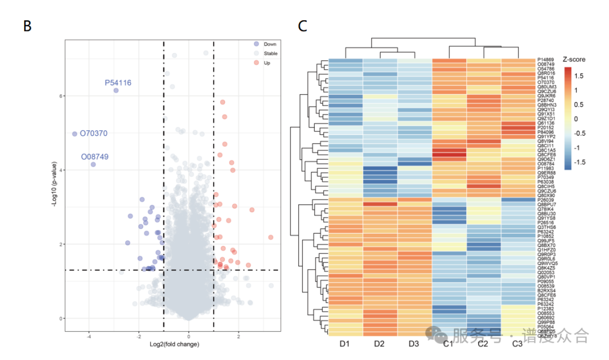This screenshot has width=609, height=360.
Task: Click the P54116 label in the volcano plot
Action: [x=118, y=83]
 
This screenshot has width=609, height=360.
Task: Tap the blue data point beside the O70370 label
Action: [x=74, y=134]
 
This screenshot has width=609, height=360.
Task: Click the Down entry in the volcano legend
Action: [x=270, y=43]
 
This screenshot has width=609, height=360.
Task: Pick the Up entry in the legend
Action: [x=267, y=63]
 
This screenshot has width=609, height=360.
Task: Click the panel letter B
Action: [x=27, y=26]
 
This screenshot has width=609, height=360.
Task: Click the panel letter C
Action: [x=303, y=26]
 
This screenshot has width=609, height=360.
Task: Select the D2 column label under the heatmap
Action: [x=379, y=344]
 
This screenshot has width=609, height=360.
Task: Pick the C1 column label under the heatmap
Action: [x=449, y=344]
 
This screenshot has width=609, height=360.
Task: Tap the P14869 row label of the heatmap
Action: [x=545, y=60]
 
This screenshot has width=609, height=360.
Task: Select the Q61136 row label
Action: [x=545, y=123]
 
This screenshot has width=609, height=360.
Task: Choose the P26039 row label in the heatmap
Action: [x=545, y=200]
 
